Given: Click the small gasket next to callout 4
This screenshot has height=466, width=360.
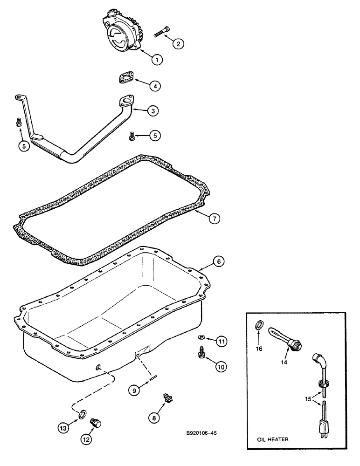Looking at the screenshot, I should pos(125,77).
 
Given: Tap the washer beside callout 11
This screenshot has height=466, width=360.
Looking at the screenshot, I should pos(201,336).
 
